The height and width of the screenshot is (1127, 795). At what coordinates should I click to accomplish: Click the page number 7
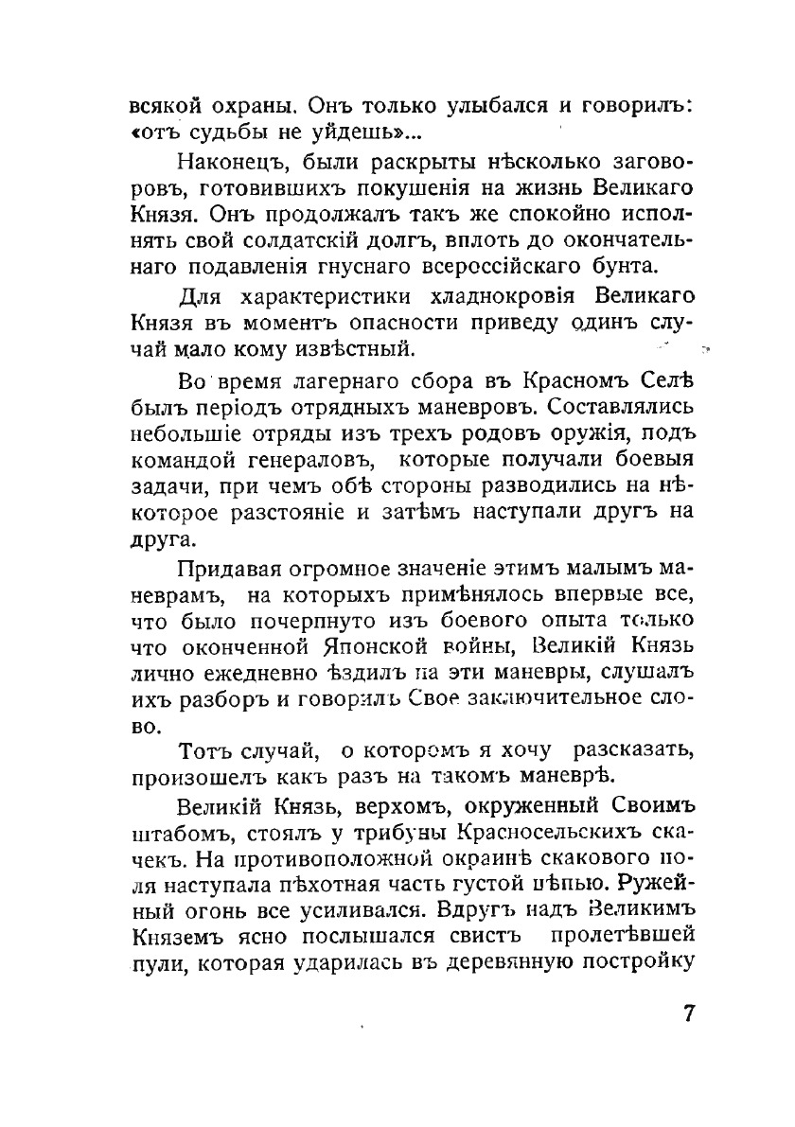click(x=689, y=1012)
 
